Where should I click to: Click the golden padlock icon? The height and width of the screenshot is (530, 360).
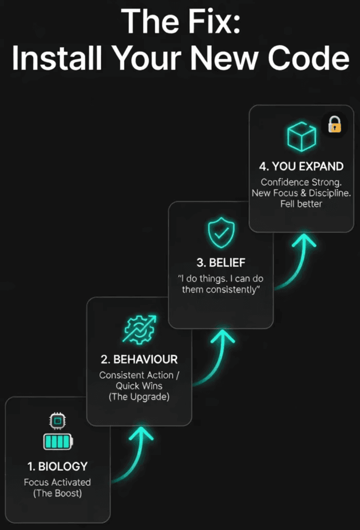(335, 124)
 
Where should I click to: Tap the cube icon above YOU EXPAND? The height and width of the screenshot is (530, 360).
(301, 137)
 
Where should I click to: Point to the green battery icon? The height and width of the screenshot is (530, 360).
(57, 441)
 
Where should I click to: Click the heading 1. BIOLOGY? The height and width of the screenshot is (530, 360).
(57, 466)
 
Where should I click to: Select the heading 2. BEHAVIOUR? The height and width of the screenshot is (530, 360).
(139, 358)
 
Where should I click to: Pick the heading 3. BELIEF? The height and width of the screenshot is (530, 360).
(221, 262)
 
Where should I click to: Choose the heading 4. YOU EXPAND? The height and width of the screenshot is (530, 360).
(301, 166)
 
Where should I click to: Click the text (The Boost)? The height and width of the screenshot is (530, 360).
(57, 493)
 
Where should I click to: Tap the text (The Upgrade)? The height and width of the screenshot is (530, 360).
(138, 397)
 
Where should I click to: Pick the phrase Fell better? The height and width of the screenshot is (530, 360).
(301, 204)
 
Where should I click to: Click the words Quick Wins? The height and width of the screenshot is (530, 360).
(138, 386)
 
